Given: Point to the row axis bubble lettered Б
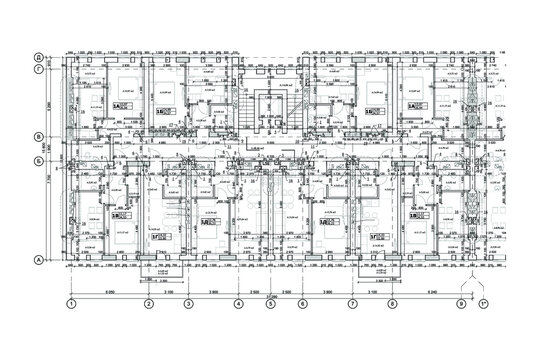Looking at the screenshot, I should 38,160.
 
